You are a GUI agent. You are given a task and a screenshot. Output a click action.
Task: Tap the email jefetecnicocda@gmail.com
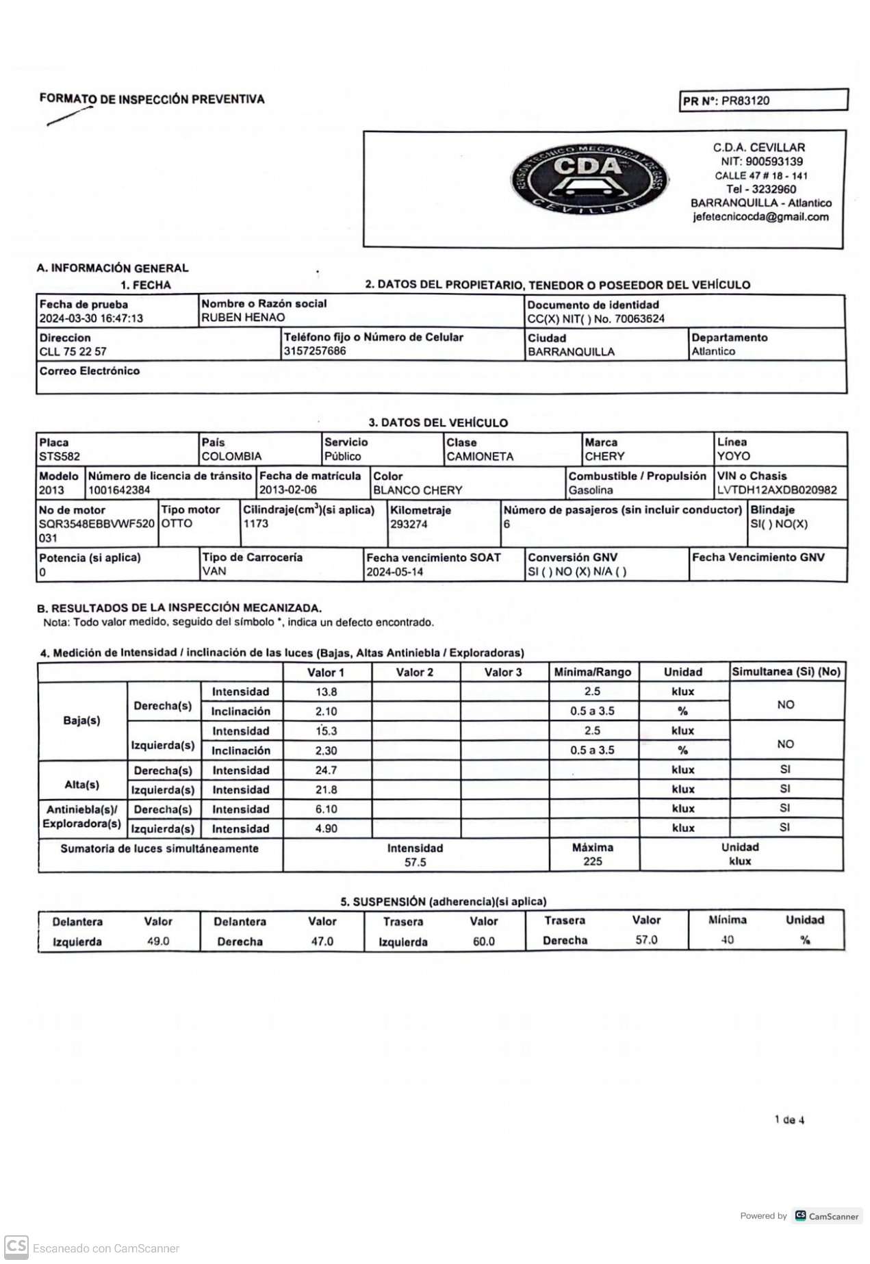(760, 217)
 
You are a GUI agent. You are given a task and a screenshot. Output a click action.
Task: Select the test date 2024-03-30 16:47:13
(91, 318)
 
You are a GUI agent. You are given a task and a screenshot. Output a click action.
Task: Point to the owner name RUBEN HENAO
(243, 318)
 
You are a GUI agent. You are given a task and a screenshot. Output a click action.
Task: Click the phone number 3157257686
(315, 351)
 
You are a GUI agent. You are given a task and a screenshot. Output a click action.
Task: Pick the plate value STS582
(60, 457)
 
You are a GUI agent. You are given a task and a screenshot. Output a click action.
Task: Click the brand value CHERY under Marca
(604, 457)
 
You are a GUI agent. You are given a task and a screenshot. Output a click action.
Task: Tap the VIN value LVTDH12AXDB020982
(777, 490)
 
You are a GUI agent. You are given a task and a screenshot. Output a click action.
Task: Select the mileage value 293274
(409, 524)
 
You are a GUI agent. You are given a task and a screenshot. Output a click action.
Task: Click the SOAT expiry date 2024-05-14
(395, 572)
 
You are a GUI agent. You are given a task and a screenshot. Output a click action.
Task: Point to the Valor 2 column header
(415, 672)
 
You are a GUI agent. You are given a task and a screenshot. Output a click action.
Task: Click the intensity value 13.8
(327, 692)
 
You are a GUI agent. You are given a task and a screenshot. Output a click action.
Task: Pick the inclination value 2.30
(327, 751)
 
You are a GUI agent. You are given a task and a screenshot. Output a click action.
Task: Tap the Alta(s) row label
(82, 785)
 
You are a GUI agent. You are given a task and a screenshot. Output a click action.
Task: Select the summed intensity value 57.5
(415, 862)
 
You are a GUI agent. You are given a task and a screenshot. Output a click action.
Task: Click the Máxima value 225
(593, 861)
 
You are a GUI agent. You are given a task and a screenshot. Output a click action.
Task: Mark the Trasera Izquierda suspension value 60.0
(484, 941)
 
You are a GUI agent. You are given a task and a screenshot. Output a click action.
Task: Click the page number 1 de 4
(789, 1120)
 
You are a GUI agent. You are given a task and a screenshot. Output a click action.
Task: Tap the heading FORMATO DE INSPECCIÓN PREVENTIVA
(152, 99)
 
